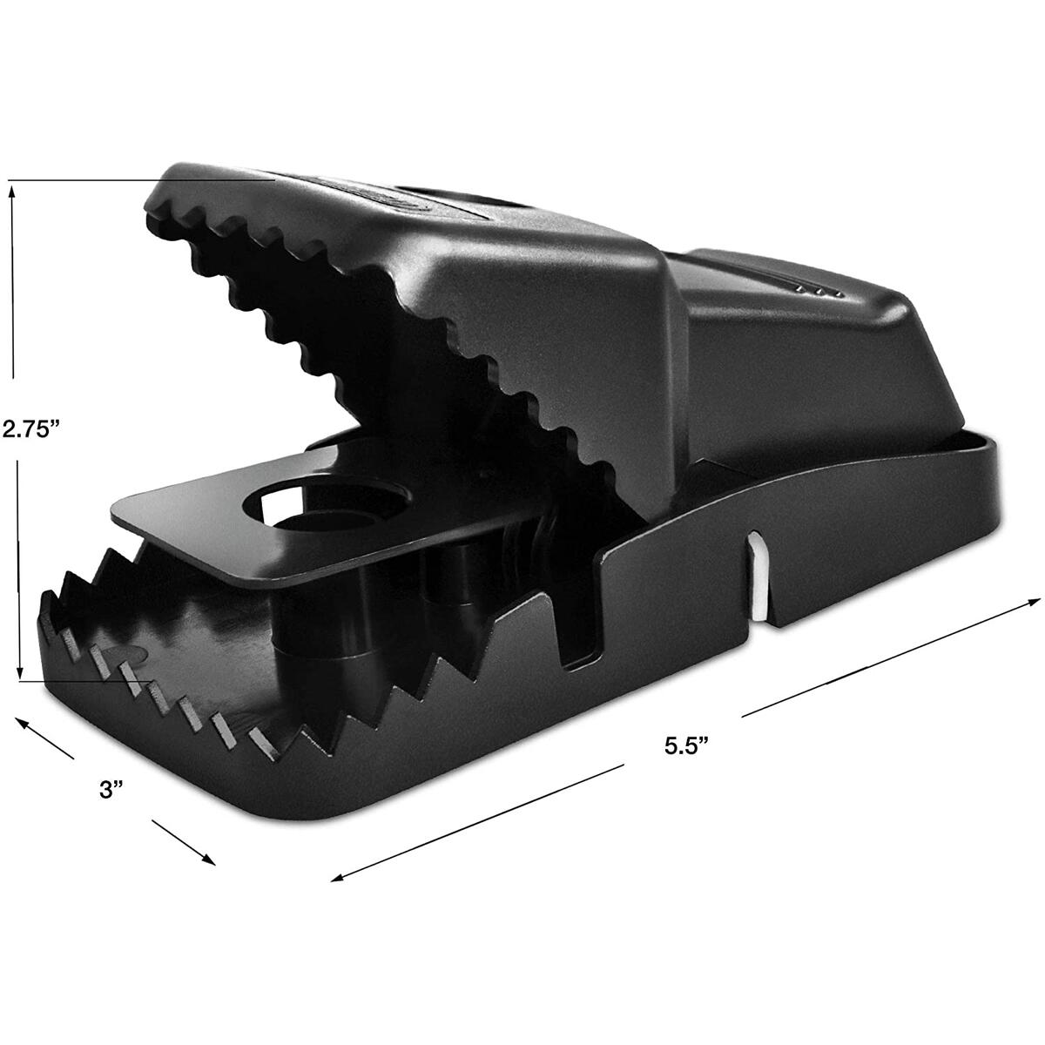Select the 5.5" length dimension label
[x=687, y=746]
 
